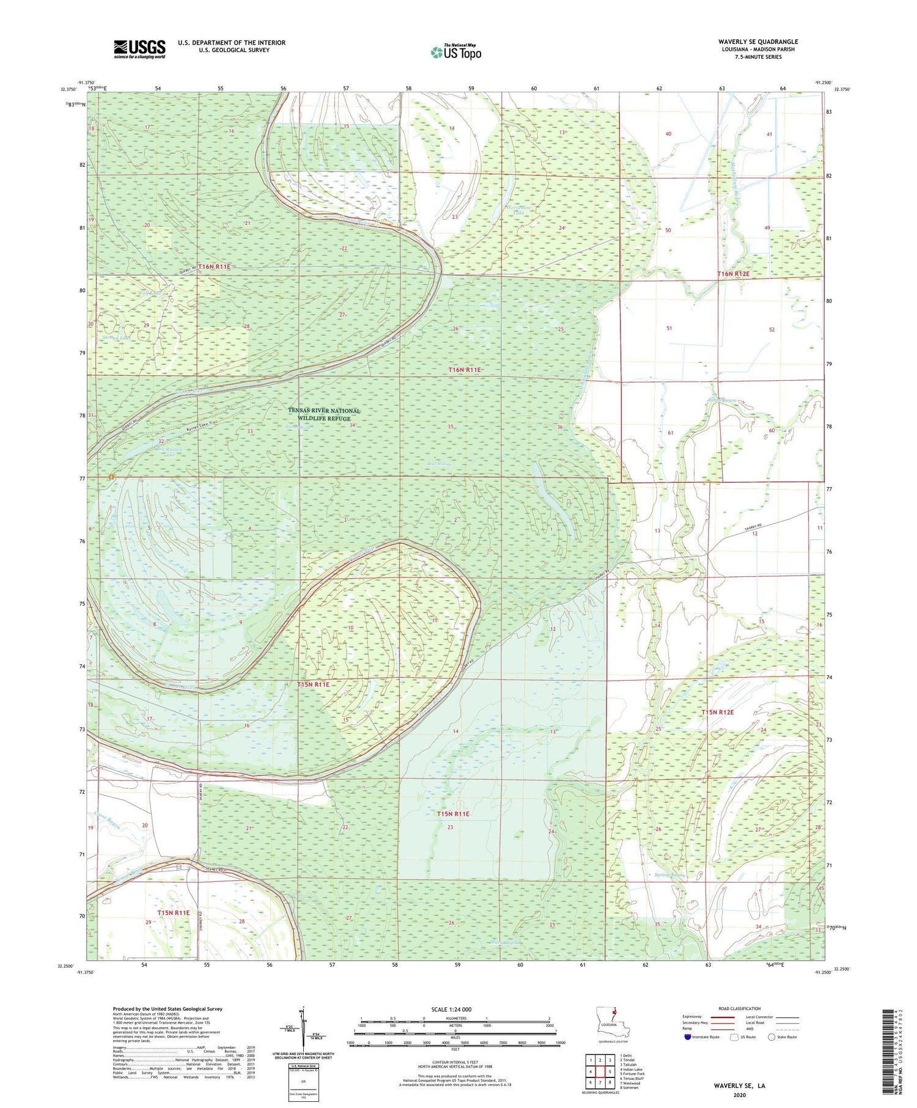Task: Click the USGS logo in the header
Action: (139, 49)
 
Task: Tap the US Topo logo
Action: (455, 52)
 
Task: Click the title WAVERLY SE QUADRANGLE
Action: (758, 42)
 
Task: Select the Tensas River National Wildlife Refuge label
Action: (324, 414)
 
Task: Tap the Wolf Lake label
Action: (149, 293)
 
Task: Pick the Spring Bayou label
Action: (669, 875)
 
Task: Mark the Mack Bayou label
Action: (505, 942)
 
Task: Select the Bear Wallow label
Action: (440, 464)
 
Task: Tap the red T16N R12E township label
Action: (733, 274)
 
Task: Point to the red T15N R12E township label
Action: (717, 713)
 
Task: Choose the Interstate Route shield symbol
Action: (688, 1037)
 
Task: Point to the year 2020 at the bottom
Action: (740, 1096)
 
